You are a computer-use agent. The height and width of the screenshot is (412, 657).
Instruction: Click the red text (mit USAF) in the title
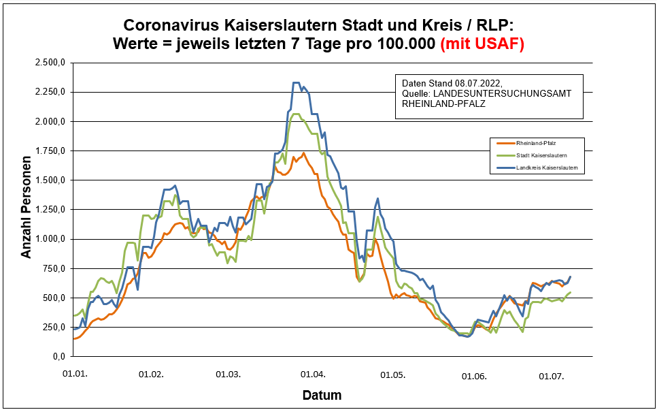point(482,44)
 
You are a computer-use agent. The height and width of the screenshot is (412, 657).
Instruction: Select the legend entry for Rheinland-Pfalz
point(541,143)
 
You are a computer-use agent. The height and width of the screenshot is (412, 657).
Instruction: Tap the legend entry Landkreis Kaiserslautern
point(551,168)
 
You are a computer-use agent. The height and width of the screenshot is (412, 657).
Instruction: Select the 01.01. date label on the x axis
point(75,374)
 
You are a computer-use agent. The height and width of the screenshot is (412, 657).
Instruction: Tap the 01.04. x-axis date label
point(312,374)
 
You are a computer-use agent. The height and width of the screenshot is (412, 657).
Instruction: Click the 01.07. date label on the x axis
point(552,375)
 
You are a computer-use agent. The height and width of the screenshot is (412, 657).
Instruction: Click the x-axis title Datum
point(322,395)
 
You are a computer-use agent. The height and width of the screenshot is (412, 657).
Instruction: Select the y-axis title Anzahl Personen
point(27,210)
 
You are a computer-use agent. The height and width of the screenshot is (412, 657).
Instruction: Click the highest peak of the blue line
point(296,82)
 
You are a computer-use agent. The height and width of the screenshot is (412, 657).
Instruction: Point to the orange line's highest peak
point(303,153)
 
